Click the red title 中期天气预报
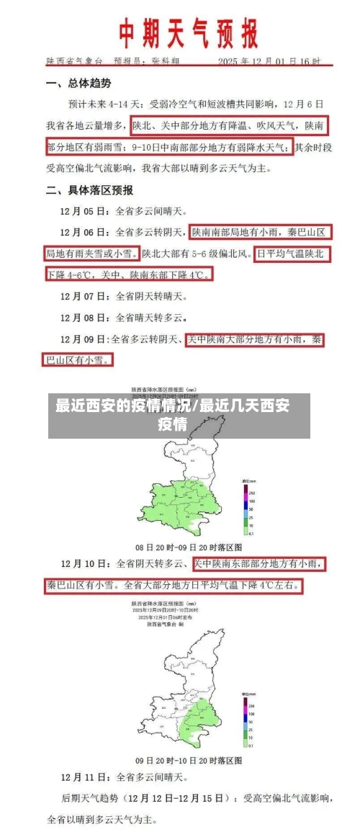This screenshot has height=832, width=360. [x=188, y=33]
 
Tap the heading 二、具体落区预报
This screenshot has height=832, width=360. [x=90, y=190]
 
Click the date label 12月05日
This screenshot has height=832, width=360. [x=84, y=212]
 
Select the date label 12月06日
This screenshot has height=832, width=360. [x=84, y=233]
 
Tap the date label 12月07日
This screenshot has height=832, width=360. [x=84, y=295]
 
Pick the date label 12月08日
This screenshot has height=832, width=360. [x=84, y=316]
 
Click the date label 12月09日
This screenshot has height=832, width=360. [x=84, y=338]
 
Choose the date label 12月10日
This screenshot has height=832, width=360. [x=84, y=563]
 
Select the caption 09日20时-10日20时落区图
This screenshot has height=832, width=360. [x=189, y=760]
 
